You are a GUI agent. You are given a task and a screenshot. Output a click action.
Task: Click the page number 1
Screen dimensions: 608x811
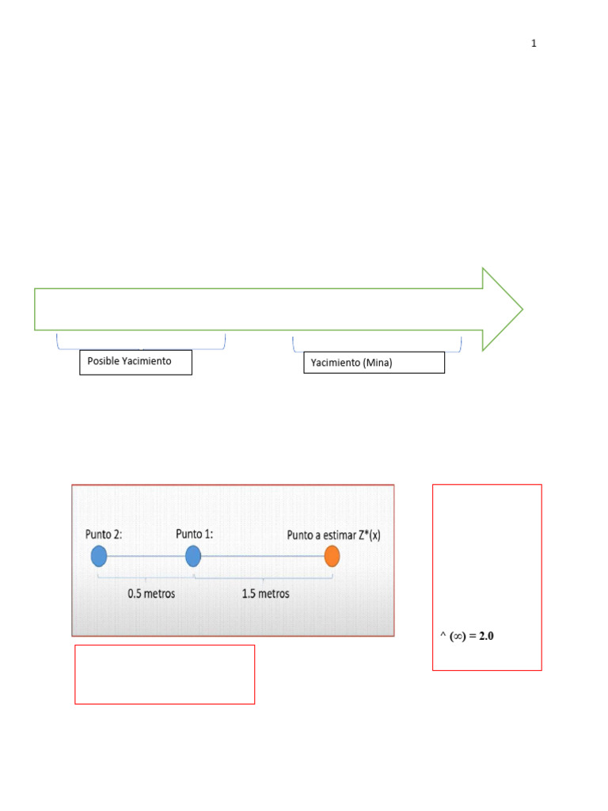pos(534,44)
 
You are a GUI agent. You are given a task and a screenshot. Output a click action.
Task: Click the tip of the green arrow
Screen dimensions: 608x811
pos(522,310)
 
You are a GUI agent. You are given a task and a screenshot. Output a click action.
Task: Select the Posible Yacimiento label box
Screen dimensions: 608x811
pos(135,362)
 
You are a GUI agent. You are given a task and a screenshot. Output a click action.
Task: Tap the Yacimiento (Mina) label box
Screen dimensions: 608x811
pos(374,363)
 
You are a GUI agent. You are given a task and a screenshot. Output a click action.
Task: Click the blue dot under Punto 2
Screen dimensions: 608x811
pos(99,556)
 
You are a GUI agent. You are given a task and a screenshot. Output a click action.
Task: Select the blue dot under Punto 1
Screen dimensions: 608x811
pos(193,556)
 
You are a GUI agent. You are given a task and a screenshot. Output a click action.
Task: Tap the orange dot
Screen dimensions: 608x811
pos(332,556)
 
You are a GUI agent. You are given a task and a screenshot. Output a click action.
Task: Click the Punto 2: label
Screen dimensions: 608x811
pos(104,535)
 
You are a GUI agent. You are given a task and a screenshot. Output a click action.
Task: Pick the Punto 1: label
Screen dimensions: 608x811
pos(195,534)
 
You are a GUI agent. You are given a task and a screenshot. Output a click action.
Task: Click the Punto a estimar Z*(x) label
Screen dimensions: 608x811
pos(333,535)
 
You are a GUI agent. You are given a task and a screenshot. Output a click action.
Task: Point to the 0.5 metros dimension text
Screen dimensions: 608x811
pos(151,594)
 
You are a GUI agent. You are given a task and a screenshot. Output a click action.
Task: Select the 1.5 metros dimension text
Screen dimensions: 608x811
pos(266,594)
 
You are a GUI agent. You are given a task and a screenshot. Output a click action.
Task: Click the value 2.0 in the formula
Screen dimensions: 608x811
pos(486,636)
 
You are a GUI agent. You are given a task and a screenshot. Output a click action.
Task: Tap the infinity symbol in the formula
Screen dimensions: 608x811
pos(458,636)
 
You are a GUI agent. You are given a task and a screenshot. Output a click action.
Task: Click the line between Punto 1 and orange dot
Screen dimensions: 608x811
pos(263,556)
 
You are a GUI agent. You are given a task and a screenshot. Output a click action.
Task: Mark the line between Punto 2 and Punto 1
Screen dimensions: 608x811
pos(146,556)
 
